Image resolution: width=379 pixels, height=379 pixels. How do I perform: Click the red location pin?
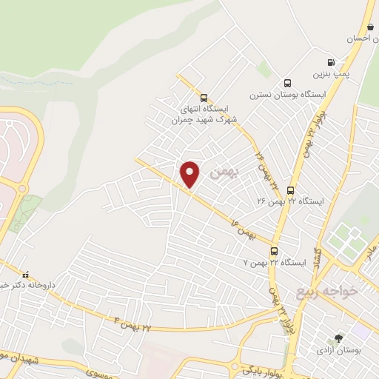coord(190,173)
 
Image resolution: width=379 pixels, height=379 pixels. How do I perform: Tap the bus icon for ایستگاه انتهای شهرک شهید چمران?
coord(204,97)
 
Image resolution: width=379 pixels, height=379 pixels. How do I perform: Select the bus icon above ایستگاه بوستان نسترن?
coord(287,83)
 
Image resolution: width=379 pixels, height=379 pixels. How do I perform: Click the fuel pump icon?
coord(330,63)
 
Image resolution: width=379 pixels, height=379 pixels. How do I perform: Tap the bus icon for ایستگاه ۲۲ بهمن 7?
coord(274,251)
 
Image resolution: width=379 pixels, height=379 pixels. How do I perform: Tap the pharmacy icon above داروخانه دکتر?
coord(26,272)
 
